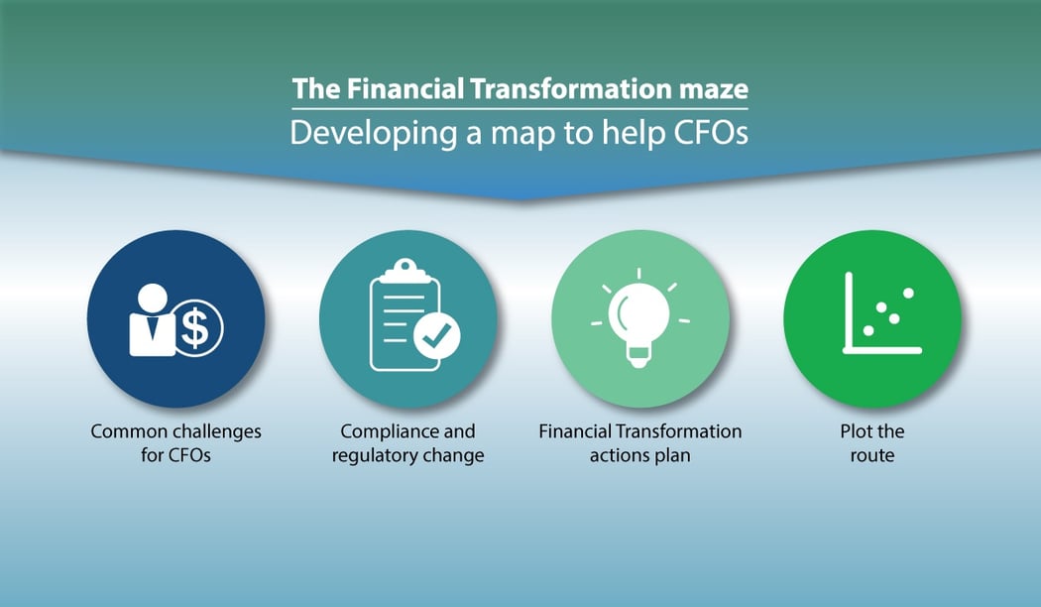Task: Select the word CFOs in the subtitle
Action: coord(707,133)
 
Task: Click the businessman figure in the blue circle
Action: coord(152,320)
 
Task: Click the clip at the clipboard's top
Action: coord(405,271)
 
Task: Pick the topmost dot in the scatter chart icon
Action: coord(908,294)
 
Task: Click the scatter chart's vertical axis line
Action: coord(849,311)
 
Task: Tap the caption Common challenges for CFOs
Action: coord(175,443)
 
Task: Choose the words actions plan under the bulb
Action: coord(639,456)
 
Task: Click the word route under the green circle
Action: coord(872,456)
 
